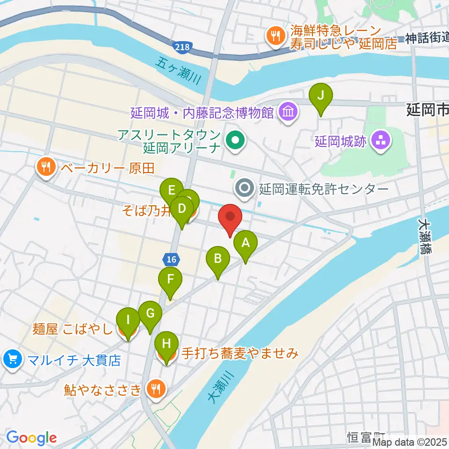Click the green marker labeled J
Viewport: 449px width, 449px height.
(321, 95)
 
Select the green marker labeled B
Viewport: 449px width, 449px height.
(217, 259)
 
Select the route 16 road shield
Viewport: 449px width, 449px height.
(170, 258)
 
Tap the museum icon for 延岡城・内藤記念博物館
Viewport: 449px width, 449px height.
(286, 112)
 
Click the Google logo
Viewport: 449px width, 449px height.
(31, 437)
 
